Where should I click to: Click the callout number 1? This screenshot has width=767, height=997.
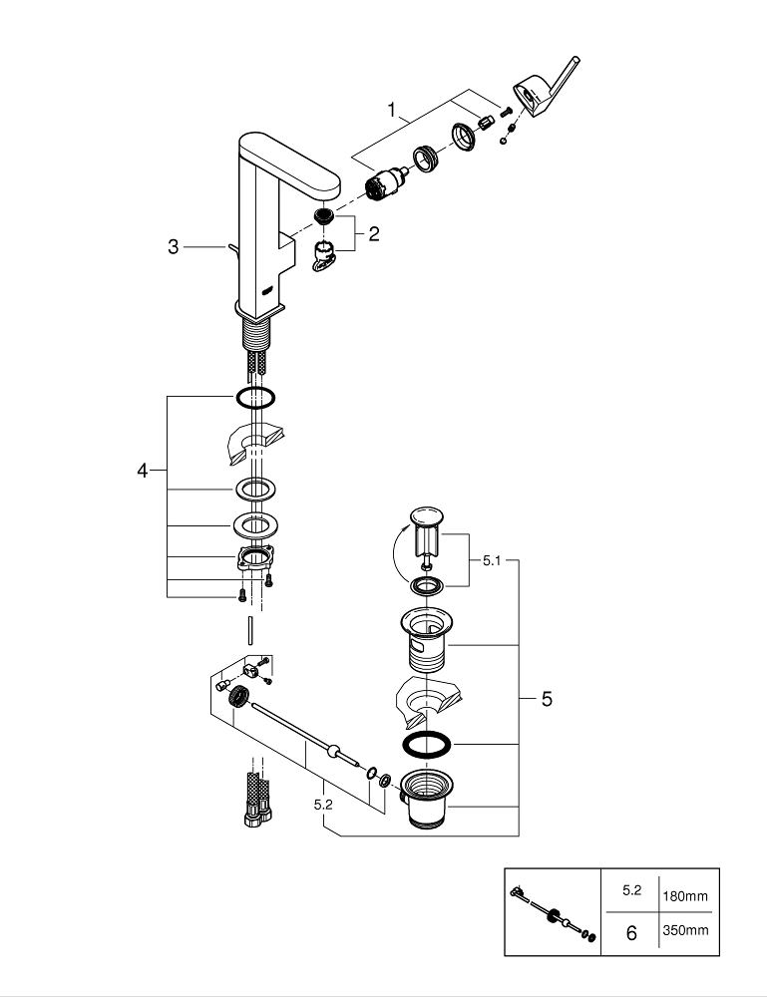coord(392,108)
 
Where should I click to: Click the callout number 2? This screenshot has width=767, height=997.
coord(373,235)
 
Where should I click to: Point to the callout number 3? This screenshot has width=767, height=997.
coord(174,246)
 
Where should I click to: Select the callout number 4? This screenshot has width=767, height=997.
coord(143,471)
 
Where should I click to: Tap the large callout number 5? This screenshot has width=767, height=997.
coord(546,700)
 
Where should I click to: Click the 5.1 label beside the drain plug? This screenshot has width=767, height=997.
coord(492,561)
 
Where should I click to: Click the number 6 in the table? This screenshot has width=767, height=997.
coord(630,934)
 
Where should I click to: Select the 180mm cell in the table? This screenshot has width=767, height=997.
coord(684,895)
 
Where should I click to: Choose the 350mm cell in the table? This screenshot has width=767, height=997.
coord(684,931)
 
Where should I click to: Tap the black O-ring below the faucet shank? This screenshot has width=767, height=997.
coord(255,399)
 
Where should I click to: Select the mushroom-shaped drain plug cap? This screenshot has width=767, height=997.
coord(426,517)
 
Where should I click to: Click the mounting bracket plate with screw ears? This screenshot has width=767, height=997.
coord(254,558)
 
